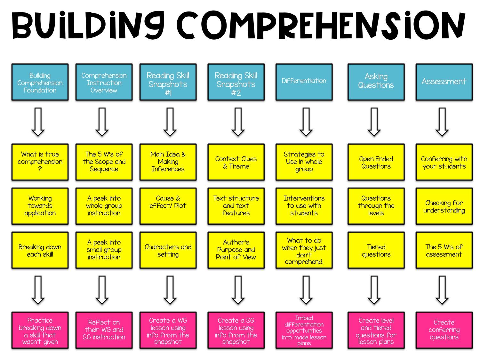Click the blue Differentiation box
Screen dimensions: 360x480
pos(304,82)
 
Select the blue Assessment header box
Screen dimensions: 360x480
pos(444,82)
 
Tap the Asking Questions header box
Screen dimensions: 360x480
pos(376,82)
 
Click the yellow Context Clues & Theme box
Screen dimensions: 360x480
pos(236,162)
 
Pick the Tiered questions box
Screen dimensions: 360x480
pos(376,250)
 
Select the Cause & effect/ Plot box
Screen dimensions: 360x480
pos(168,206)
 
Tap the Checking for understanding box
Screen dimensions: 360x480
pos(444,206)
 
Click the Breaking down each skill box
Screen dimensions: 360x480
pos(40,250)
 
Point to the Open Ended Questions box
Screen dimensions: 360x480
pos(376,162)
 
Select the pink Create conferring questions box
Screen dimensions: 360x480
pos(444,330)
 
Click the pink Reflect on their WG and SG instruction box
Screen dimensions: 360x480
pos(104,330)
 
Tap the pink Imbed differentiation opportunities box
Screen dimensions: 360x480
pos(304,330)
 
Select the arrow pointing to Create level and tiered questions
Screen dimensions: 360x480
pos(374,290)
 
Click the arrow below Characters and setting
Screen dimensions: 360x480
pos(170,290)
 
